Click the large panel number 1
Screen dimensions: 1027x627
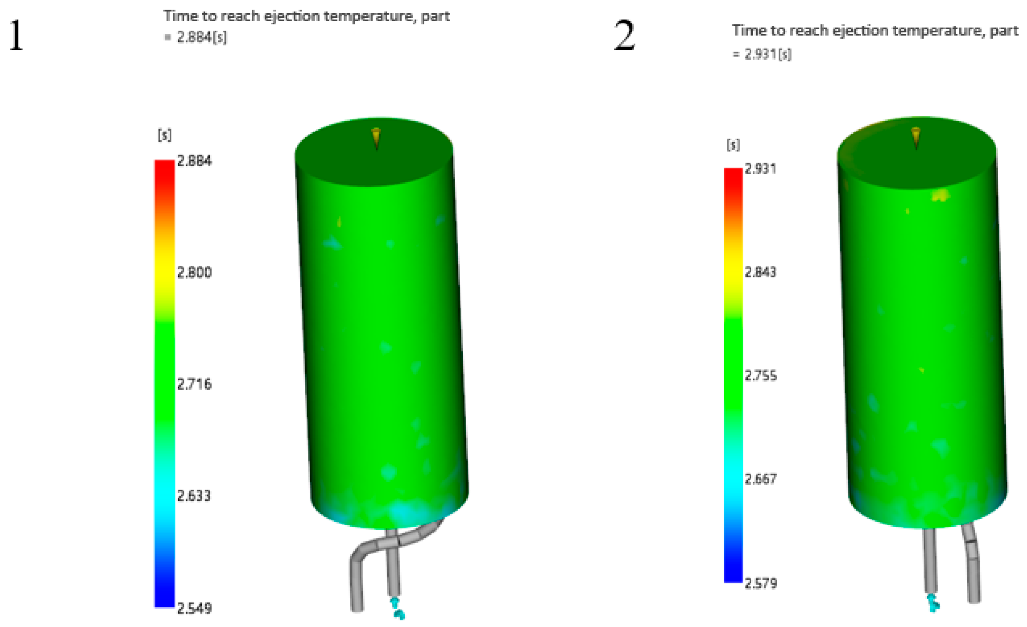(x=16, y=36)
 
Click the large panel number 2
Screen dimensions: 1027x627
(x=624, y=36)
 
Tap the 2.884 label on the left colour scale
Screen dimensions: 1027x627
(x=194, y=161)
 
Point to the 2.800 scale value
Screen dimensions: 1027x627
(x=194, y=272)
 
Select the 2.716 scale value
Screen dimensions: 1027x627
(x=194, y=384)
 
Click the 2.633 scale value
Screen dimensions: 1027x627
(x=194, y=496)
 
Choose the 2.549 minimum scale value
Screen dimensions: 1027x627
(x=194, y=608)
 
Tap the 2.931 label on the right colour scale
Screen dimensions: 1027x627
(x=760, y=169)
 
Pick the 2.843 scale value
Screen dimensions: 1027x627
(x=760, y=272)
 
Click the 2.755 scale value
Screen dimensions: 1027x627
(x=761, y=375)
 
